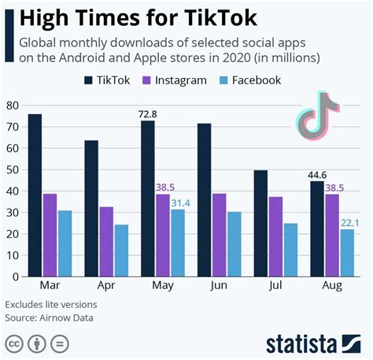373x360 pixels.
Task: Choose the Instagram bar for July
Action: pyautogui.click(x=275, y=236)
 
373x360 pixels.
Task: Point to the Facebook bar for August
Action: pyautogui.click(x=347, y=253)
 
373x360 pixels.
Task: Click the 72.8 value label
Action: pyautogui.click(x=148, y=114)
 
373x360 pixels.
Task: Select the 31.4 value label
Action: pyautogui.click(x=178, y=202)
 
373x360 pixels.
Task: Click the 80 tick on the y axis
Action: pyautogui.click(x=12, y=106)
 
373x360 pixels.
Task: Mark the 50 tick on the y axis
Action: pyautogui.click(x=12, y=169)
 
